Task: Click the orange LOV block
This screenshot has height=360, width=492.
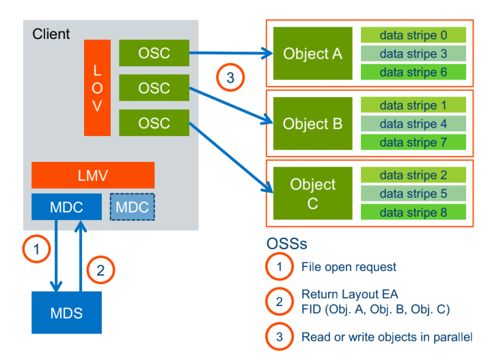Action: click(x=97, y=87)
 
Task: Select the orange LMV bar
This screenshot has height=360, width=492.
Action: click(x=93, y=175)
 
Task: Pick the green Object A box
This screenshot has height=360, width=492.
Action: click(x=312, y=53)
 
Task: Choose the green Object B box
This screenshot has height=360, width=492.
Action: click(x=312, y=124)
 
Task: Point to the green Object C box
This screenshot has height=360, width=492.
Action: click(x=312, y=193)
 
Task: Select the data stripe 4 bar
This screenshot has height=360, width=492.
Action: click(x=413, y=124)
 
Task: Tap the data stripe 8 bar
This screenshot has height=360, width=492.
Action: click(x=413, y=212)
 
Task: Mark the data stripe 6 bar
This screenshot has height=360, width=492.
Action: click(x=413, y=71)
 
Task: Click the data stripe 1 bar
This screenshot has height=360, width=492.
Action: click(x=413, y=106)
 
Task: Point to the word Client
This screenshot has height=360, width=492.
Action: click(x=51, y=33)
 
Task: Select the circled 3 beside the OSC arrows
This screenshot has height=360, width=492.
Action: click(x=230, y=78)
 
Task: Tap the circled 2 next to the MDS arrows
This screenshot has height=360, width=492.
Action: click(x=100, y=269)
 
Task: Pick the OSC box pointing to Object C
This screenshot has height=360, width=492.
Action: click(x=154, y=124)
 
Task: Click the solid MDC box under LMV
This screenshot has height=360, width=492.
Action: click(x=66, y=206)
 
